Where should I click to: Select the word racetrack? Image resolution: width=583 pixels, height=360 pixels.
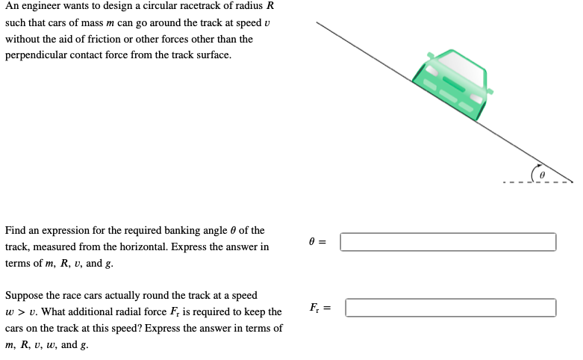(190, 6)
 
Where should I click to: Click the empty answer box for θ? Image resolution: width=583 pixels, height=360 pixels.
(448, 242)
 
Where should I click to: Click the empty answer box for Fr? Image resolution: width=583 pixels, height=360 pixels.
(450, 308)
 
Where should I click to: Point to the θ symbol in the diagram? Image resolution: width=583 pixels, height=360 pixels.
(543, 173)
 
